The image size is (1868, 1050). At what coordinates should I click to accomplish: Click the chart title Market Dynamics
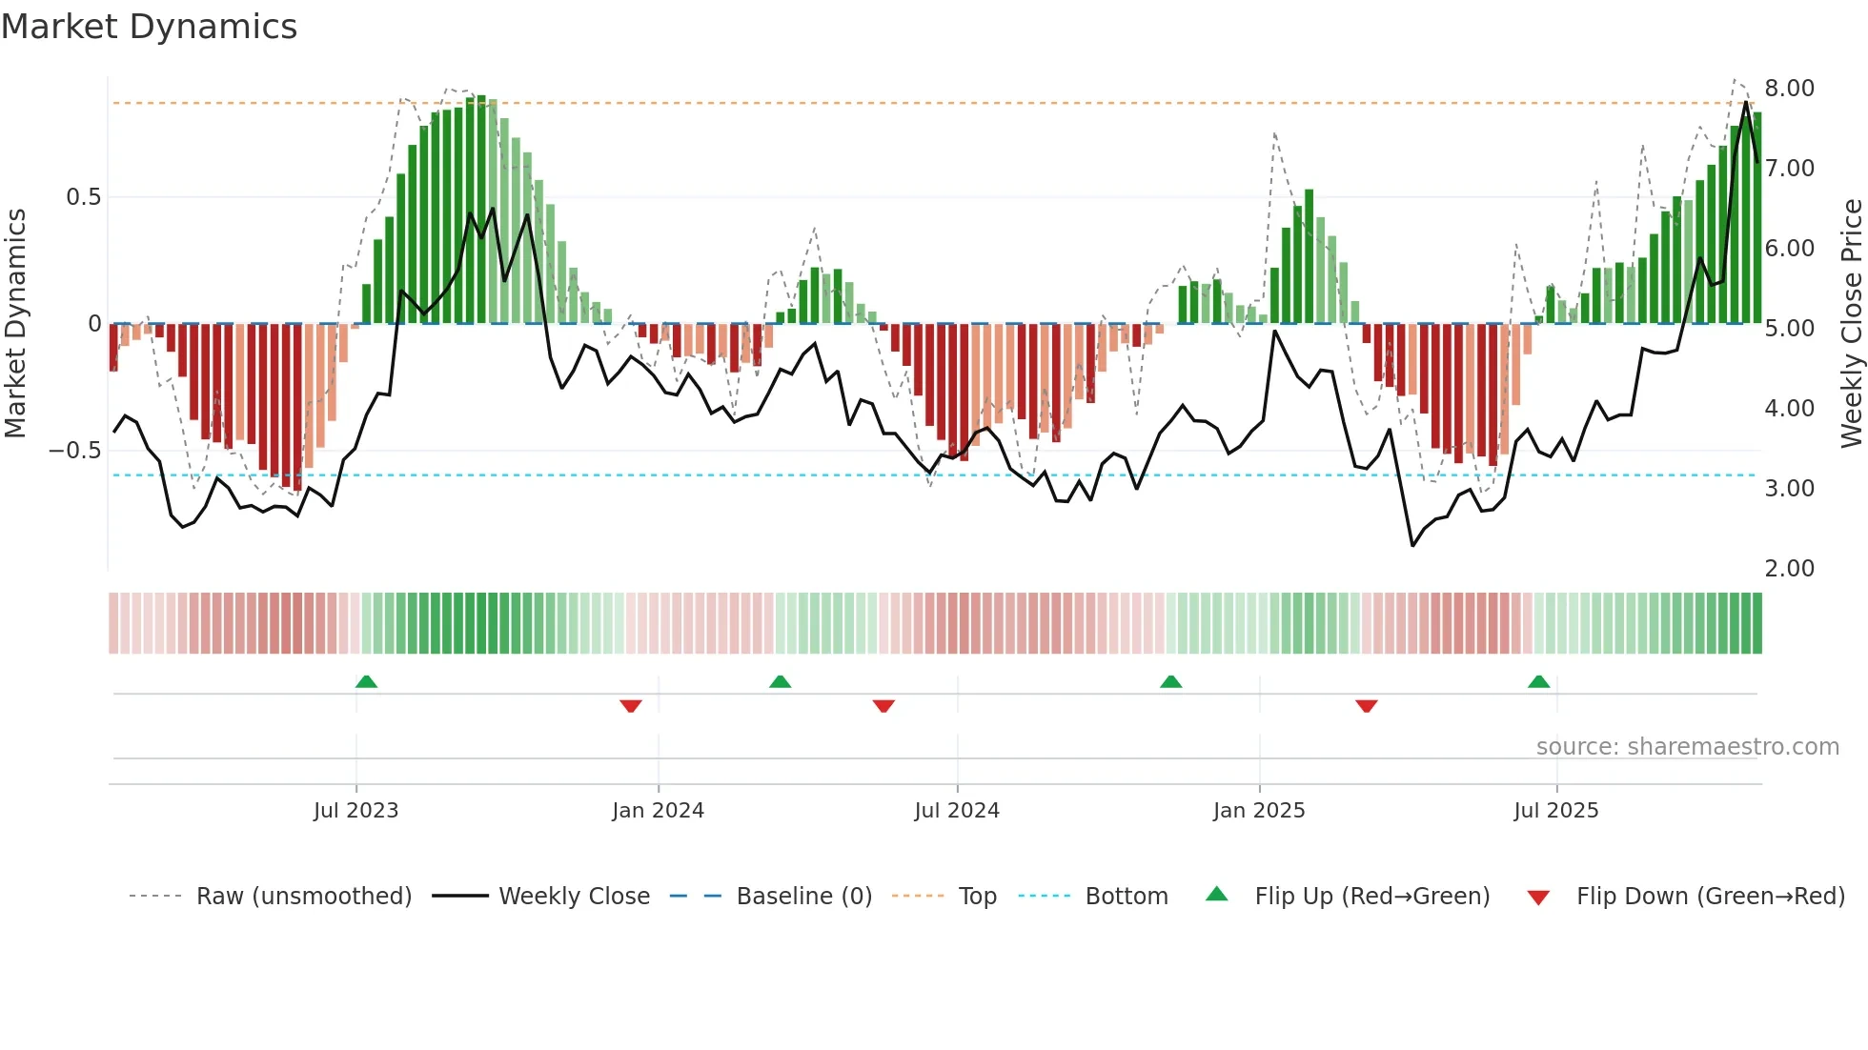(x=149, y=27)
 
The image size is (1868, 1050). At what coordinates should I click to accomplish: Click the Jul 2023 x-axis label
(x=355, y=811)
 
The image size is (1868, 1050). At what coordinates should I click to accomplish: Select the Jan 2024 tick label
(x=658, y=811)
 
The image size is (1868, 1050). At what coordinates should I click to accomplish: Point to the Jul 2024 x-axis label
(x=957, y=811)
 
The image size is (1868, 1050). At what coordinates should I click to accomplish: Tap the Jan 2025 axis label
(x=1259, y=811)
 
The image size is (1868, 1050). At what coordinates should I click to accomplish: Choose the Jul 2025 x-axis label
(x=1556, y=811)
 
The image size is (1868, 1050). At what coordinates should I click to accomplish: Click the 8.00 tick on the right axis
(x=1789, y=89)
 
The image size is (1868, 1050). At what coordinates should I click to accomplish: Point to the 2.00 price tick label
(x=1789, y=569)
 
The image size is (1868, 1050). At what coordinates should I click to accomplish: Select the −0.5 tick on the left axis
(x=74, y=451)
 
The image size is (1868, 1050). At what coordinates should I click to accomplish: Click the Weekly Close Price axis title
(x=1851, y=324)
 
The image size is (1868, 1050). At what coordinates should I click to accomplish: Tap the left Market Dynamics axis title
(x=15, y=324)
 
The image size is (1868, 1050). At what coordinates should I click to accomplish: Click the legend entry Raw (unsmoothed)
(x=303, y=897)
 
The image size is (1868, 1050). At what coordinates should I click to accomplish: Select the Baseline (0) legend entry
(x=803, y=897)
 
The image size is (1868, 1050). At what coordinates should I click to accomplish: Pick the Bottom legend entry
(x=1126, y=897)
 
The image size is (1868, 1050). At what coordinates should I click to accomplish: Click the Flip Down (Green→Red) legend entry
(x=1710, y=897)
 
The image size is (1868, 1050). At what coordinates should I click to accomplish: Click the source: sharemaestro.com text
(x=1687, y=747)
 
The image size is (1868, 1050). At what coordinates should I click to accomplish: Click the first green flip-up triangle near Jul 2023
(x=366, y=681)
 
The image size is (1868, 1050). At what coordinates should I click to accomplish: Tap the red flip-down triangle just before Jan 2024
(x=631, y=706)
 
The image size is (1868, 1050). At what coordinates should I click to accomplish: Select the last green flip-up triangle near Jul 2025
(x=1538, y=681)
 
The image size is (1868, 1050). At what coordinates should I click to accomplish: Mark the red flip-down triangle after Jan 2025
(x=1366, y=706)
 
